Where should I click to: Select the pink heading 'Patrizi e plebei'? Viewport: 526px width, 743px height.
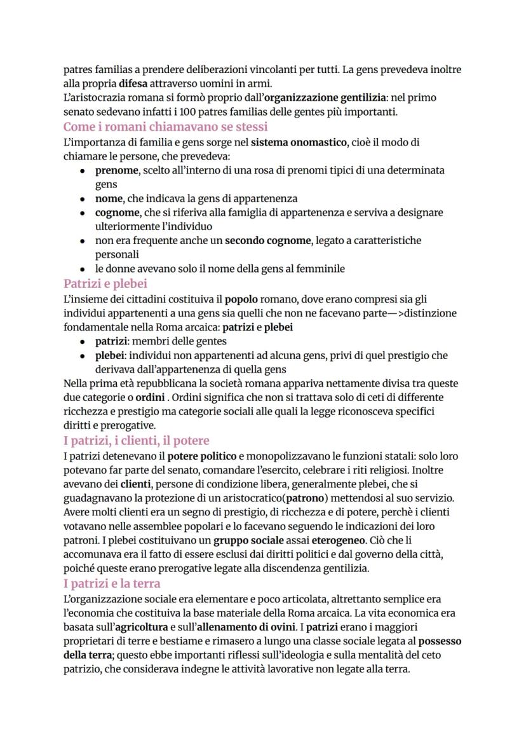(105, 283)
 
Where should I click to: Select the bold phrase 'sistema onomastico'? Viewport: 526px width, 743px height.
(299, 142)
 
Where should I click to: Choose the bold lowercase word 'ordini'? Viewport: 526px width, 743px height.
(132, 398)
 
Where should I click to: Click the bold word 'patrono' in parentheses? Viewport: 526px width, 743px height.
(307, 498)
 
